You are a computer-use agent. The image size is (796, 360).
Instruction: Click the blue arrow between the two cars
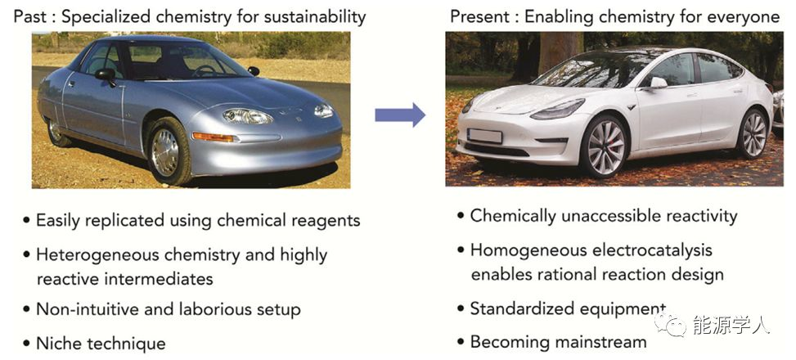(x=400, y=115)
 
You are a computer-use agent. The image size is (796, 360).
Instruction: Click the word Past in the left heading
(x=32, y=16)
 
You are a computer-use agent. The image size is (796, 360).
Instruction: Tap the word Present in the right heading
(x=481, y=16)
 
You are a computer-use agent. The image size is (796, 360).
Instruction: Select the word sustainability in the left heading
(x=315, y=17)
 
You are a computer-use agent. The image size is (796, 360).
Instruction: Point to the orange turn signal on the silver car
(x=214, y=137)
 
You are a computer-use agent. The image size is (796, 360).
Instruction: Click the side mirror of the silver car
(x=106, y=74)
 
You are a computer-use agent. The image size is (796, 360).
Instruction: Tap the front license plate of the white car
(x=484, y=136)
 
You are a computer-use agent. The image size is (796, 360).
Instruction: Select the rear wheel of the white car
(x=753, y=134)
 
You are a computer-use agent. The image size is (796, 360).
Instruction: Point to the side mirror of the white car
(x=658, y=83)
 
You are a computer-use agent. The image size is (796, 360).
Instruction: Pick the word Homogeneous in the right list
(x=521, y=250)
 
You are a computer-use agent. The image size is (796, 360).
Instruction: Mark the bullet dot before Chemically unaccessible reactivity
(x=461, y=216)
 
